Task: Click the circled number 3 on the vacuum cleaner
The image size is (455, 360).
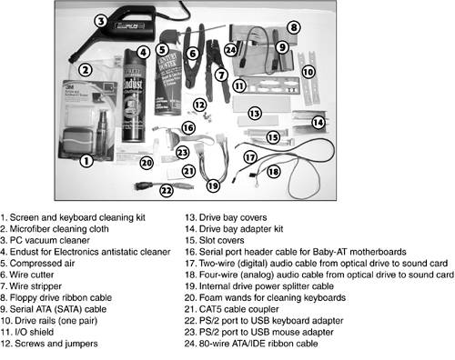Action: (x=101, y=21)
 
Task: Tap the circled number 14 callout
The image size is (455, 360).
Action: (x=318, y=123)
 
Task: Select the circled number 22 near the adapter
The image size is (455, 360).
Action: (x=167, y=191)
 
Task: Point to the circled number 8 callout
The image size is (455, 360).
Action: (x=294, y=27)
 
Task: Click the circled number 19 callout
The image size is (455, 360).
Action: (x=213, y=185)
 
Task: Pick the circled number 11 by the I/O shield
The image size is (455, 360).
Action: (x=239, y=85)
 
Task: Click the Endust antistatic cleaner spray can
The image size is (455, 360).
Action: (x=133, y=95)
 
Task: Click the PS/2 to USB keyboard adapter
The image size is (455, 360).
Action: (x=163, y=185)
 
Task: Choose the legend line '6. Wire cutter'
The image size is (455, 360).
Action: (x=27, y=275)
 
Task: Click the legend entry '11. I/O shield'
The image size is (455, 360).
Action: (x=27, y=332)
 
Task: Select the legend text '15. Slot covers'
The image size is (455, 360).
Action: (x=215, y=241)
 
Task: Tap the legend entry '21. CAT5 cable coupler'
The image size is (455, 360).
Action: (x=232, y=309)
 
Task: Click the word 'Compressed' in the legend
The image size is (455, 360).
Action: (x=37, y=264)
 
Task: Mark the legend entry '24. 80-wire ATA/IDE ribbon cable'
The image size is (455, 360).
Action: (x=251, y=344)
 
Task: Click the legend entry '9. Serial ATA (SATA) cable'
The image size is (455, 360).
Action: (x=54, y=309)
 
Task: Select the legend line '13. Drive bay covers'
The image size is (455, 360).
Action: (x=226, y=217)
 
